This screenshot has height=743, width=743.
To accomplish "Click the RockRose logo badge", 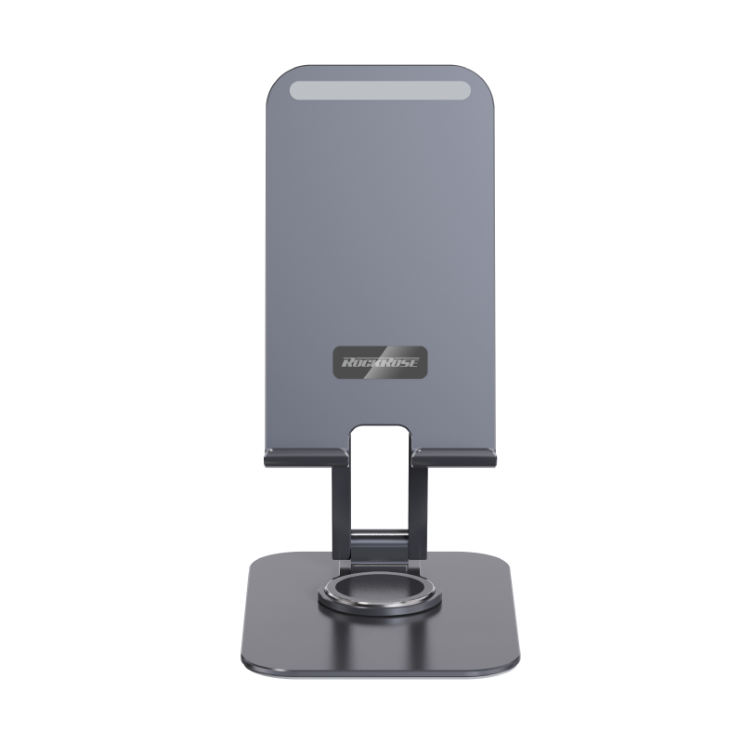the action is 380,362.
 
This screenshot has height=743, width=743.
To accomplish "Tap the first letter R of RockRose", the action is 347,363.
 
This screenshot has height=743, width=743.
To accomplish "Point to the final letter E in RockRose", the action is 413,363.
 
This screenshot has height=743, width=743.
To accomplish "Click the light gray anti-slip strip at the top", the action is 380,90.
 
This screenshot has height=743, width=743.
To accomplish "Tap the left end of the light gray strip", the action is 290,90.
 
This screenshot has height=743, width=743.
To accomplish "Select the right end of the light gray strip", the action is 470,90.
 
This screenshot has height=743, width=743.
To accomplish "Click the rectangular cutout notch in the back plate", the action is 380,438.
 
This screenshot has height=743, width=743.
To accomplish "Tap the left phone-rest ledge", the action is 306,458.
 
